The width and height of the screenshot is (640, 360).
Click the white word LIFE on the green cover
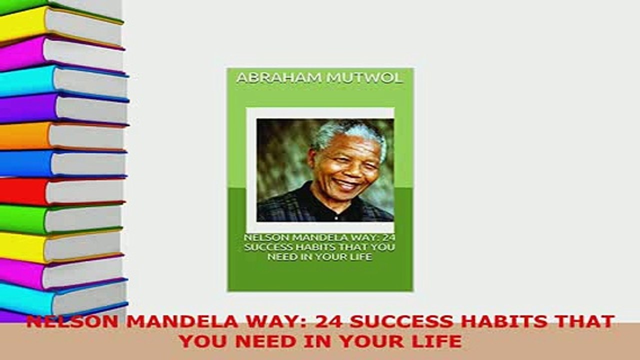point(360,257)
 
